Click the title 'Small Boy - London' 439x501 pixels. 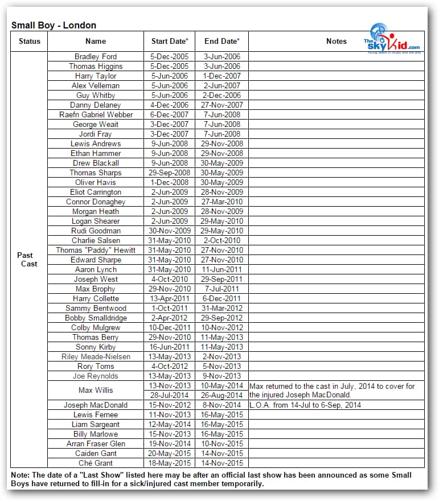54,25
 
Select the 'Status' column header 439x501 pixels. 29,41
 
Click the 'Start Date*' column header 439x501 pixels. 169,41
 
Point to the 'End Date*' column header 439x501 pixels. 221,41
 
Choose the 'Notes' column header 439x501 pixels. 336,41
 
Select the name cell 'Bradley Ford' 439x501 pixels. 96,56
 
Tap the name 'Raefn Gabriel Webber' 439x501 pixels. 96,114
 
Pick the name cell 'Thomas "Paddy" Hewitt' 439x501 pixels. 96,250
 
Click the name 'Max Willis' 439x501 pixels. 96,391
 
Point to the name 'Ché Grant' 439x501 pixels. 96,463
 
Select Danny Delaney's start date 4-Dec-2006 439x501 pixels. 169,105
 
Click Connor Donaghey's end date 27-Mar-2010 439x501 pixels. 221,202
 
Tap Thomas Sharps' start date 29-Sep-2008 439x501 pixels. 169,173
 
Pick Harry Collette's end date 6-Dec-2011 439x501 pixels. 221,298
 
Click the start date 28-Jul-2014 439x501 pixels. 169,395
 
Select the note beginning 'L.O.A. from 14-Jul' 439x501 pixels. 305,405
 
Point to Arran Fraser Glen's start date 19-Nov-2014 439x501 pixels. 169,443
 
